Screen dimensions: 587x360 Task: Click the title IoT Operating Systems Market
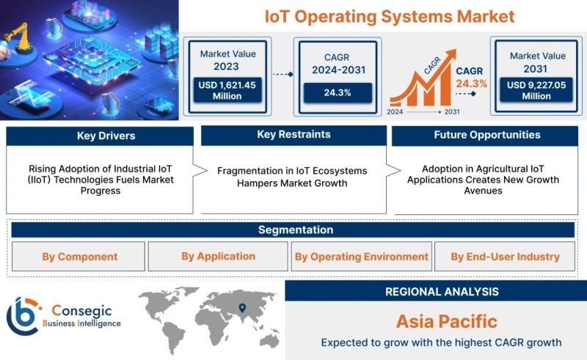pyautogui.click(x=390, y=17)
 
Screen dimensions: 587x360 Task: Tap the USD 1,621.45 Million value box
pyautogui.click(x=227, y=90)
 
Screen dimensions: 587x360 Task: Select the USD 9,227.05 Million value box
pyautogui.click(x=536, y=90)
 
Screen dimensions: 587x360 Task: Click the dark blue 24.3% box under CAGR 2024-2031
pyautogui.click(x=338, y=93)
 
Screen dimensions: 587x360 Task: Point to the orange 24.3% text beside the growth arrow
pyautogui.click(x=471, y=84)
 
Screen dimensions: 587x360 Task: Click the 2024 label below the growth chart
pyautogui.click(x=395, y=111)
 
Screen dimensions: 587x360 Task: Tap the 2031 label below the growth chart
pyautogui.click(x=452, y=111)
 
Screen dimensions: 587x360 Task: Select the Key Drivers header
pyautogui.click(x=100, y=136)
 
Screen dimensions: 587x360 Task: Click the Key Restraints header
pyautogui.click(x=294, y=135)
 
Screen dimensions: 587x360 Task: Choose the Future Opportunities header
pyautogui.click(x=485, y=136)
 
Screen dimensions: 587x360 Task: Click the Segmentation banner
pyautogui.click(x=293, y=229)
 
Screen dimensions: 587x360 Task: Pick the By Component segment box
pyautogui.click(x=79, y=257)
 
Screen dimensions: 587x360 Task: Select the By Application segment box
pyautogui.click(x=218, y=257)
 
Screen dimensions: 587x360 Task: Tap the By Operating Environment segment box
pyautogui.click(x=361, y=257)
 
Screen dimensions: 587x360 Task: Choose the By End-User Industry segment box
pyautogui.click(x=505, y=257)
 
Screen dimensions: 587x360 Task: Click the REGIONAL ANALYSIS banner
pyautogui.click(x=436, y=291)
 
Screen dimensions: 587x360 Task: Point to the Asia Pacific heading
pyautogui.click(x=447, y=322)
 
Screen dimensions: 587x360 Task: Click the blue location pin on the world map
pyautogui.click(x=242, y=308)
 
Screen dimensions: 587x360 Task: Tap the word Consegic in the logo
pyautogui.click(x=81, y=311)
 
